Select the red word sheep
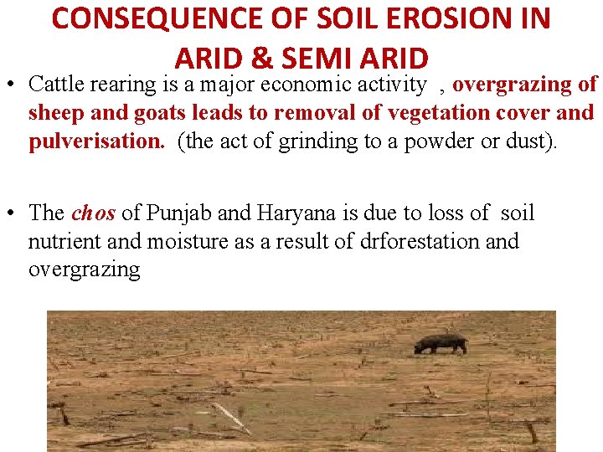(x=60, y=113)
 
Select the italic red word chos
(x=94, y=213)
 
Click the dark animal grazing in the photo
(x=441, y=343)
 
